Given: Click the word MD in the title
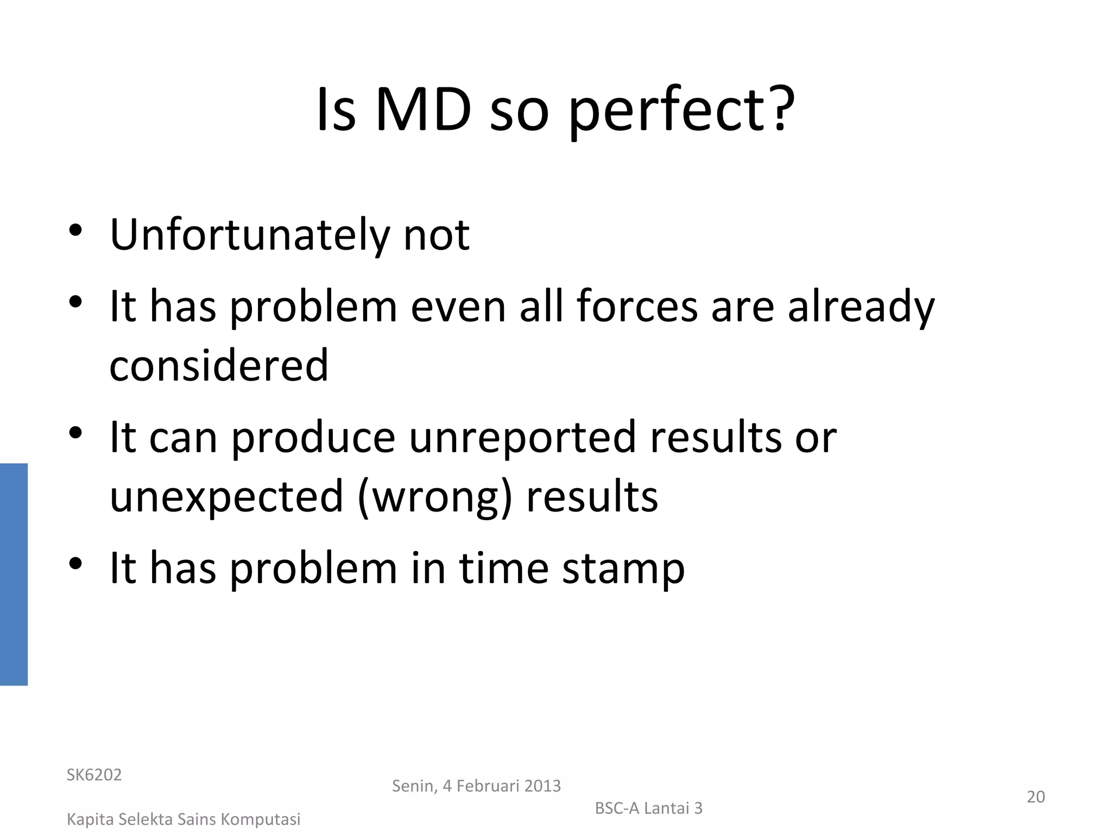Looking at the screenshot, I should tap(423, 110).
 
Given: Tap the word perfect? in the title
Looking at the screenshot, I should tap(681, 111).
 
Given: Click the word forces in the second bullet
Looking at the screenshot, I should tap(637, 306).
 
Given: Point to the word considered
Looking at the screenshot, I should tap(219, 365).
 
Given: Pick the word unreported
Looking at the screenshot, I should tap(522, 437).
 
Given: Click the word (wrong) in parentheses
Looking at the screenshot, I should tap(434, 497).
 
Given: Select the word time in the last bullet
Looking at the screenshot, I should tap(503, 568).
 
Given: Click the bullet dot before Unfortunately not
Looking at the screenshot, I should tap(75, 230).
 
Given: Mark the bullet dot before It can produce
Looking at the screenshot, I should tap(75, 433).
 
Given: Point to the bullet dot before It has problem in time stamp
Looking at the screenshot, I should tap(75, 564).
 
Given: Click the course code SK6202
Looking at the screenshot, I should tap(94, 775).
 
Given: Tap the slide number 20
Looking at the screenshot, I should tap(1035, 797).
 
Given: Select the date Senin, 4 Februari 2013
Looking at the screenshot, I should tap(476, 786).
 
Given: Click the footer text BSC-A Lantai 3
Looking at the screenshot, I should tap(648, 808).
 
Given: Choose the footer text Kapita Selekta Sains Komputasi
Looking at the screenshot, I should tap(184, 819).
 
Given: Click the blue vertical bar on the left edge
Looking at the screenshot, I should tap(14, 574).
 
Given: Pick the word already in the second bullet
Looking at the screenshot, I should tap(861, 307).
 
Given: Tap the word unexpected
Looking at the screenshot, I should tap(226, 497).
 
